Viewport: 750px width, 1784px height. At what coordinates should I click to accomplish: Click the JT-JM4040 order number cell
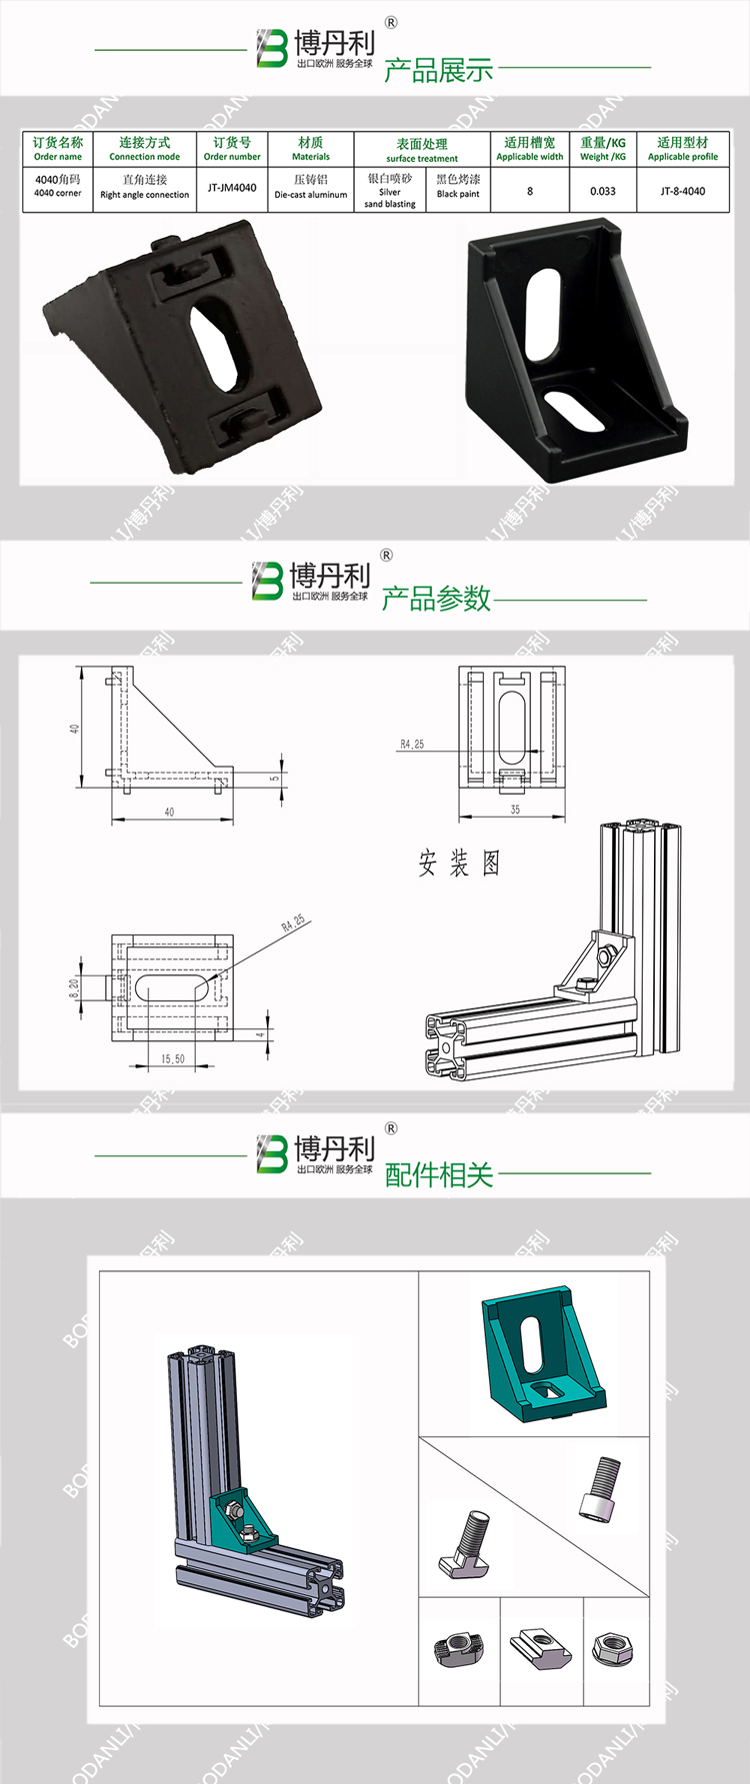pyautogui.click(x=232, y=188)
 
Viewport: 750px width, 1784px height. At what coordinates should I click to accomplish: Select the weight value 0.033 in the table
pyautogui.click(x=602, y=191)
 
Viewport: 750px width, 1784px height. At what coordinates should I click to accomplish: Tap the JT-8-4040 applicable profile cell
pyautogui.click(x=682, y=191)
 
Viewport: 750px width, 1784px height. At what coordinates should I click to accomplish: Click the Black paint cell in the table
pyautogui.click(x=458, y=187)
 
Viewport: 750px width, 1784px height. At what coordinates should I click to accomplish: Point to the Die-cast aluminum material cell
pyautogui.click(x=310, y=187)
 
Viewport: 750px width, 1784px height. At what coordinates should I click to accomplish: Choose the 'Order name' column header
pyautogui.click(x=58, y=149)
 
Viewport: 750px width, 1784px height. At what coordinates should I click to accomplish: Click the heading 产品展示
pyautogui.click(x=438, y=70)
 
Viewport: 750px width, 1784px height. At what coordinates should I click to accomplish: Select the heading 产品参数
pyautogui.click(x=436, y=598)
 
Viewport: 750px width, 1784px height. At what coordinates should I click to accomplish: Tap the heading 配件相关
pyautogui.click(x=439, y=1174)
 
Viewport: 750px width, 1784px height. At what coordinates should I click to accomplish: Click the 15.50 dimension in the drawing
pyautogui.click(x=172, y=1058)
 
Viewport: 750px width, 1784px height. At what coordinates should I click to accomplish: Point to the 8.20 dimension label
pyautogui.click(x=74, y=987)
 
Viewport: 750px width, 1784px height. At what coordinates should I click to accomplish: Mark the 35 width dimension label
pyautogui.click(x=515, y=810)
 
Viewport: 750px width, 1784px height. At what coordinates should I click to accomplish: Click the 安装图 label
pyautogui.click(x=459, y=864)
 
